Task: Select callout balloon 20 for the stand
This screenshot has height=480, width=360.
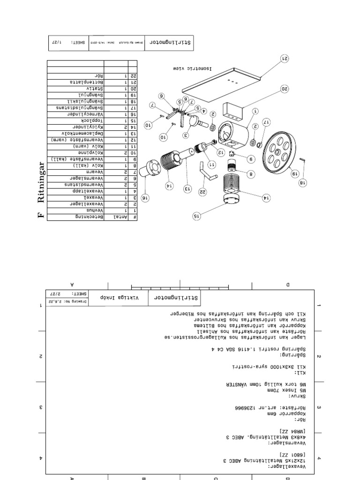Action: click(x=285, y=89)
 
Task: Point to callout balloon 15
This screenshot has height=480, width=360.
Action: click(x=196, y=216)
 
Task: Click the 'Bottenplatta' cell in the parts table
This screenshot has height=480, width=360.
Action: click(x=84, y=82)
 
